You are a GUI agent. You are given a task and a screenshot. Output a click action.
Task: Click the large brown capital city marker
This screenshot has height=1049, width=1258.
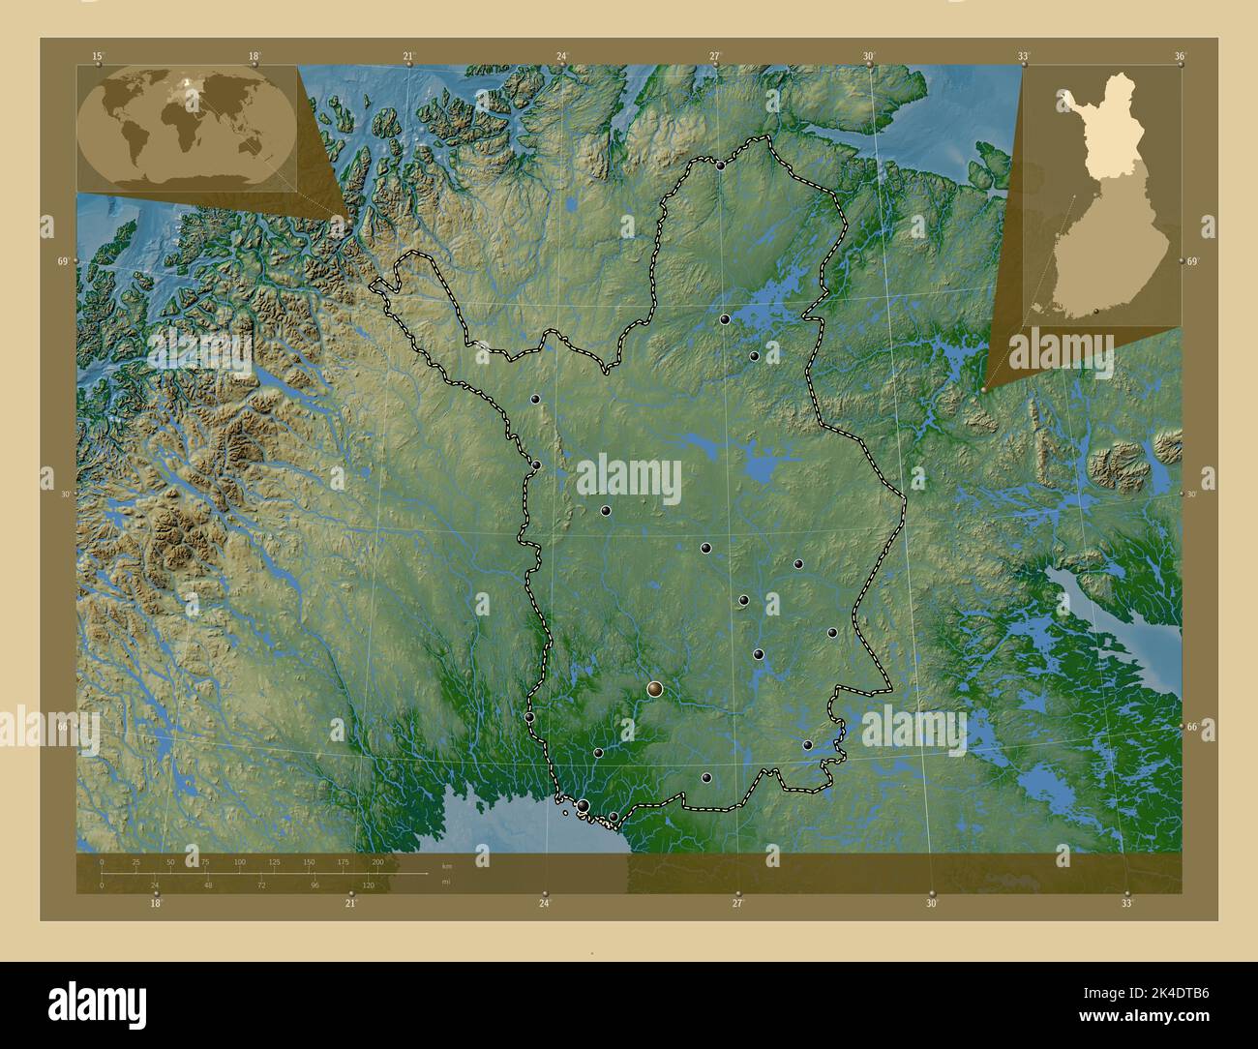pyautogui.click(x=655, y=689)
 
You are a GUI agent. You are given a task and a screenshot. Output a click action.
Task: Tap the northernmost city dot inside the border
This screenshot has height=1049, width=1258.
pyautogui.click(x=721, y=165)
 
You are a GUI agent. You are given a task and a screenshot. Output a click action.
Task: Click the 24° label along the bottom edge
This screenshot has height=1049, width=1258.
pyautogui.click(x=545, y=903)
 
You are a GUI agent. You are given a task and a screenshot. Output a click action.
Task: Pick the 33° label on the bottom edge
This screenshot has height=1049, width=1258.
pyautogui.click(x=1126, y=903)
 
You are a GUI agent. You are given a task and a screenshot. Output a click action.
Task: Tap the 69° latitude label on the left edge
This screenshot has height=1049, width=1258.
pyautogui.click(x=62, y=261)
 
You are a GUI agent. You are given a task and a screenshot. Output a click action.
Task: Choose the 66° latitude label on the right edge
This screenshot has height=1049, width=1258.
pyautogui.click(x=1192, y=727)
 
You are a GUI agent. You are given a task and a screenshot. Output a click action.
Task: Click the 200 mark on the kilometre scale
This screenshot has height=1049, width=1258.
pyautogui.click(x=377, y=861)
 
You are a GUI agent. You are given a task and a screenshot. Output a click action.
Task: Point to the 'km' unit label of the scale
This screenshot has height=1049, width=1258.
pyautogui.click(x=446, y=865)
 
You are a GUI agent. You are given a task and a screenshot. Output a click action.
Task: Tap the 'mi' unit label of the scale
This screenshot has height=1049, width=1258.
pyautogui.click(x=445, y=882)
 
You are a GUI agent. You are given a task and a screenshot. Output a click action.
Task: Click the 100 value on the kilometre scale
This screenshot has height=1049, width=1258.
pyautogui.click(x=239, y=861)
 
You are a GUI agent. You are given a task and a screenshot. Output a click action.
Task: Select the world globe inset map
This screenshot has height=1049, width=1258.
pyautogui.click(x=187, y=127)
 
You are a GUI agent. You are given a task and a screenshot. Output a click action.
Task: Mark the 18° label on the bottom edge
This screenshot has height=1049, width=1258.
pyautogui.click(x=156, y=903)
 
